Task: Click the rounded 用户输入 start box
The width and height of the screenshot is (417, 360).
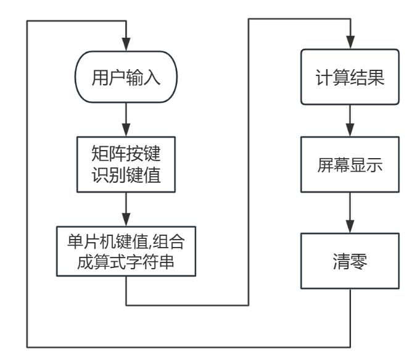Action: click(x=126, y=78)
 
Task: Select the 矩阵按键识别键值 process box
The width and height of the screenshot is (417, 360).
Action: click(x=126, y=165)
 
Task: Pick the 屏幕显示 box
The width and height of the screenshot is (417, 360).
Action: click(x=350, y=165)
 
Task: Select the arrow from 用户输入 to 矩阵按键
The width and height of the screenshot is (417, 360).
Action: click(x=126, y=117)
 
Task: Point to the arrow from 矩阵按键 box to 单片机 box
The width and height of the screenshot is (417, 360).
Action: click(x=126, y=210)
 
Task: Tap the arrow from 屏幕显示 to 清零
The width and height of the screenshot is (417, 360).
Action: click(x=350, y=213)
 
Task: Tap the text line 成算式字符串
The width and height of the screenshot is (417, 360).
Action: click(x=126, y=262)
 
